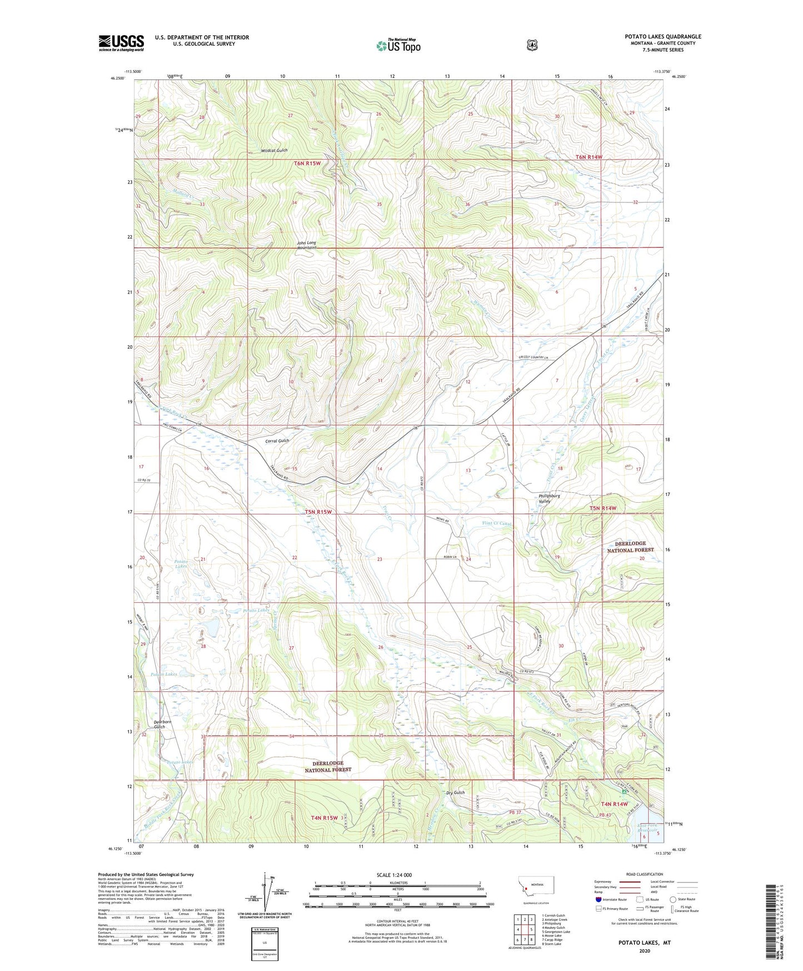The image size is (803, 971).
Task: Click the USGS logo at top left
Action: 121,43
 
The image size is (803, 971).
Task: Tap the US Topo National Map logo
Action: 398,45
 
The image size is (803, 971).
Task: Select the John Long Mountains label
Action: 306,245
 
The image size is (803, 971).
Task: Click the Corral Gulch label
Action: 277,441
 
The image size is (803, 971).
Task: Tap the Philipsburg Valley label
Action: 549,498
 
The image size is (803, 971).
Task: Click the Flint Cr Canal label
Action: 496,523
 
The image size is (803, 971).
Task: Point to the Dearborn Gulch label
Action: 159,725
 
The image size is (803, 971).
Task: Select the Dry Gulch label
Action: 455,793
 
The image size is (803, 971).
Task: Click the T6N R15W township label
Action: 307,164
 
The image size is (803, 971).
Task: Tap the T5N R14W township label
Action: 603,508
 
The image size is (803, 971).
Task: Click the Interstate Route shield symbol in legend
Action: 598,899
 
